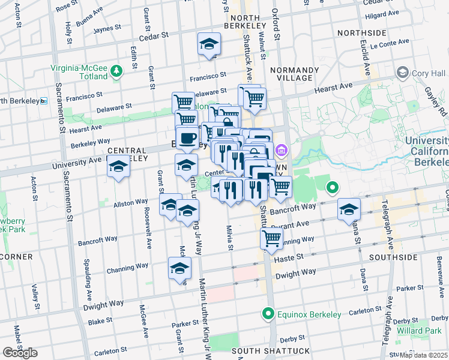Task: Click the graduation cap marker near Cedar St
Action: click(x=209, y=44)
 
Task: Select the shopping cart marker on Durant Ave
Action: click(x=272, y=238)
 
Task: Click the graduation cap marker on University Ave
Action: click(x=118, y=167)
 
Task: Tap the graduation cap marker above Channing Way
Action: click(x=179, y=269)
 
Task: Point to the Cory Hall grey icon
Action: click(x=402, y=73)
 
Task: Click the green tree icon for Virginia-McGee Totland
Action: click(x=116, y=73)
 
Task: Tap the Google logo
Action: click(x=20, y=353)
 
